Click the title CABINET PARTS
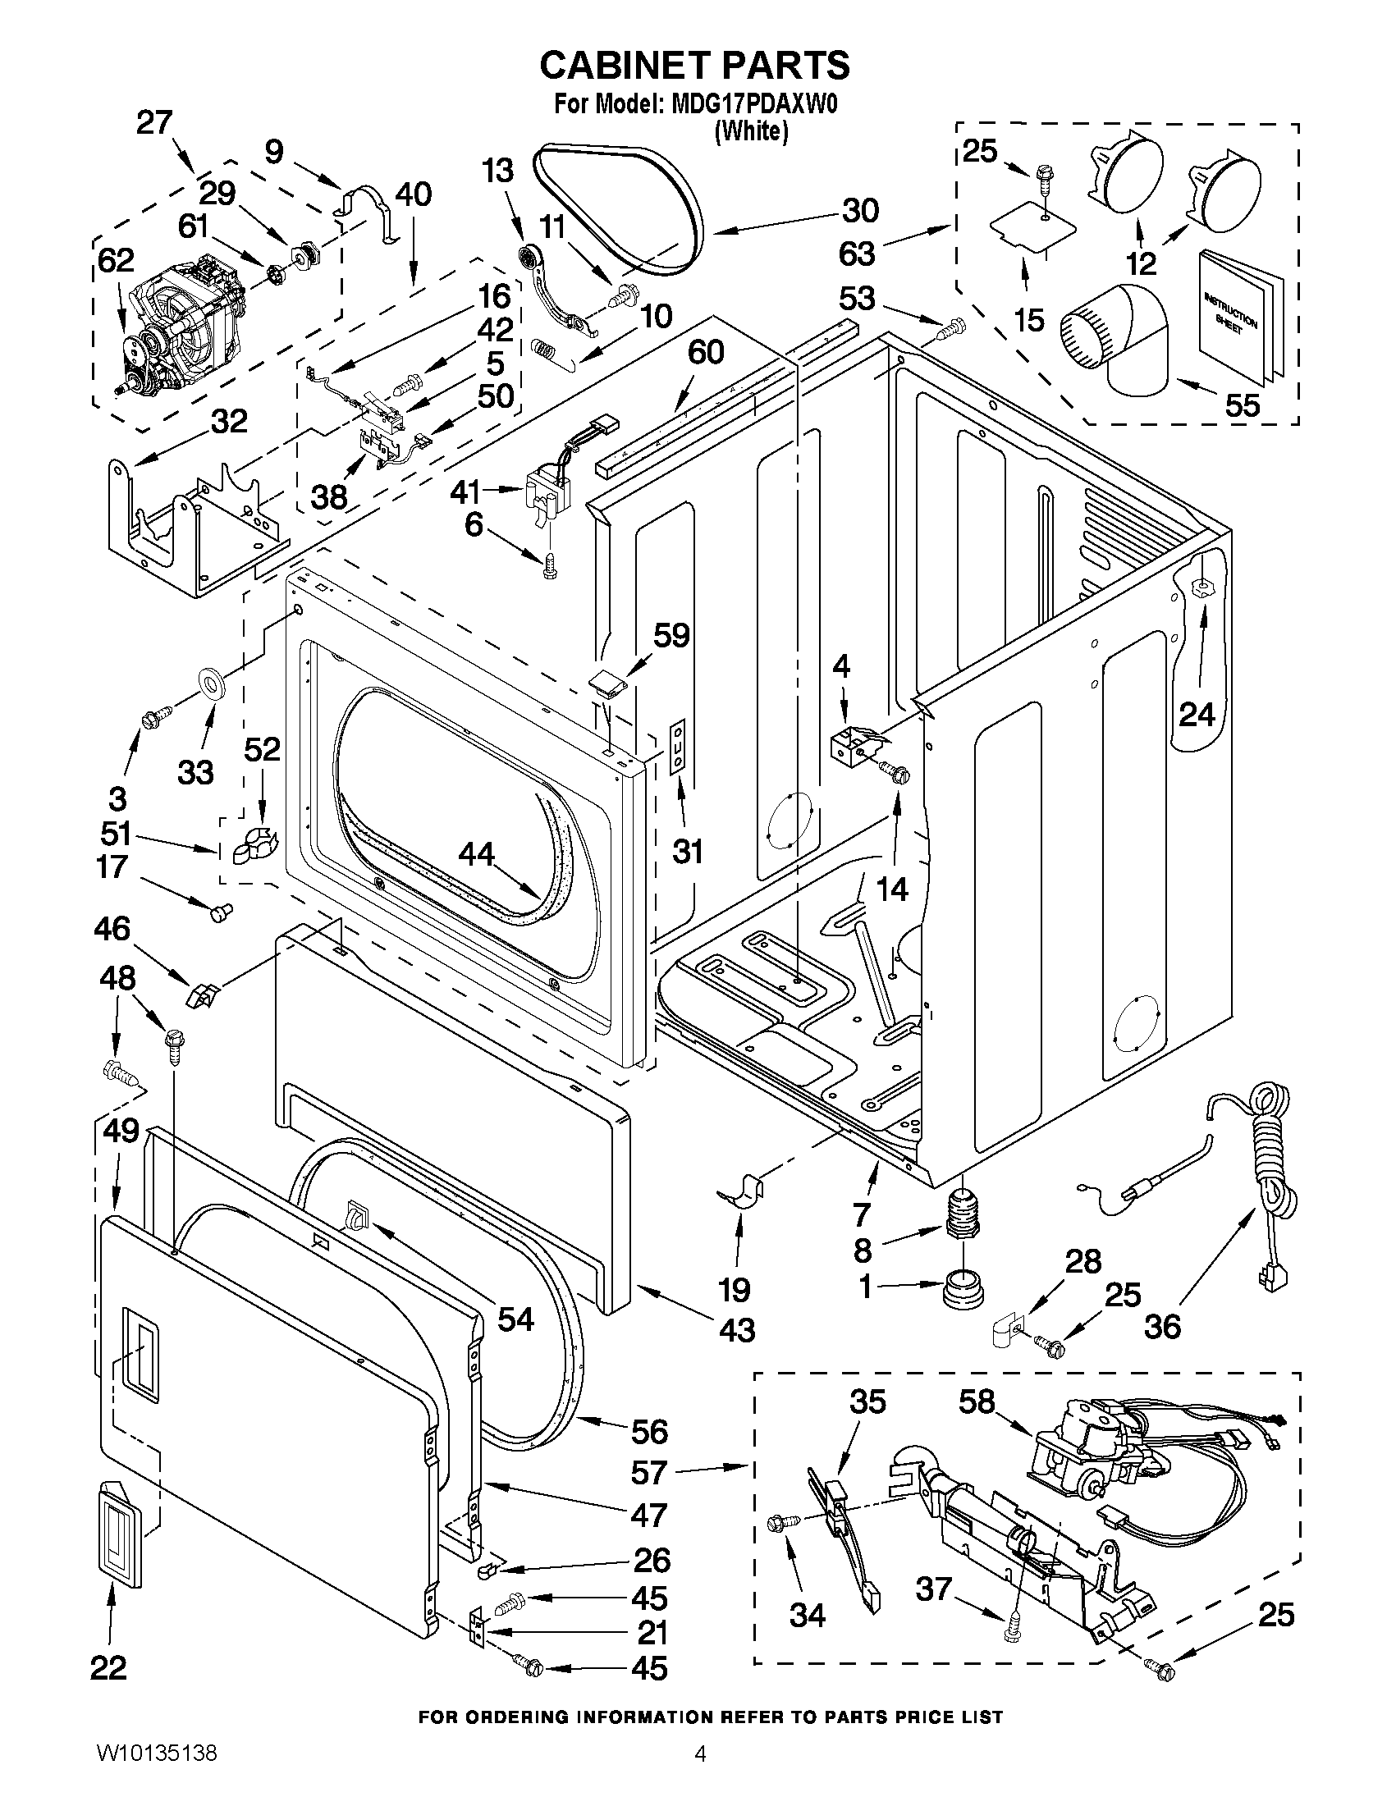coord(694,65)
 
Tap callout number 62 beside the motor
coord(116,260)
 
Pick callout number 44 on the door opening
coord(476,854)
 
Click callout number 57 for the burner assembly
coord(648,1473)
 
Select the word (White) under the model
coord(751,130)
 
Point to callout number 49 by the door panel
coord(121,1131)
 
